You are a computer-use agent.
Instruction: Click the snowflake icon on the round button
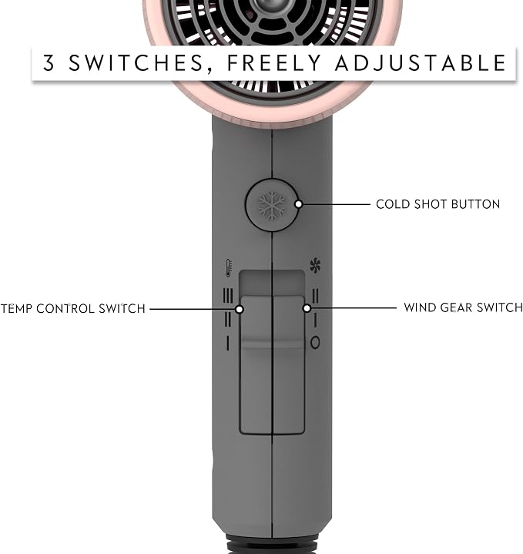pos(272,206)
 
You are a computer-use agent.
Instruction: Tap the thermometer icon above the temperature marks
pos(229,267)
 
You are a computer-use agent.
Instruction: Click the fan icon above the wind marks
pos(315,266)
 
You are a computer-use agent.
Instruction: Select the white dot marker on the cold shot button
pos(298,204)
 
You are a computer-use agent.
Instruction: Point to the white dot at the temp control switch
pos(240,309)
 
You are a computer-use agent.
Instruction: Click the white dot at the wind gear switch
pos(307,308)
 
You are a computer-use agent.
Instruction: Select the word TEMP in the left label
pos(16,309)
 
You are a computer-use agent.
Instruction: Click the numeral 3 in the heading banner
pos(49,62)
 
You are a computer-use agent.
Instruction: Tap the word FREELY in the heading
pos(274,63)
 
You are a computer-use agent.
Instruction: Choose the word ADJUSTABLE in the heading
pos(421,63)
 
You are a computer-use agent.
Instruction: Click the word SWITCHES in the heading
pos(136,63)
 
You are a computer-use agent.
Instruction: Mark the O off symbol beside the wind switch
pos(315,342)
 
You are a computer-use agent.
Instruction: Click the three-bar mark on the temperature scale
pos(228,296)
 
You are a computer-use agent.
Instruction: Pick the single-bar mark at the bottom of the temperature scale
pos(228,343)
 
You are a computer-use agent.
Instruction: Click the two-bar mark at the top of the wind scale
pos(315,296)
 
